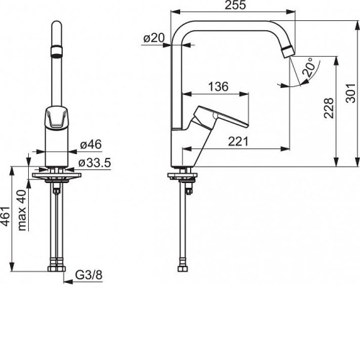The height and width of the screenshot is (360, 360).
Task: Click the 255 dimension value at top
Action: [x=235, y=5]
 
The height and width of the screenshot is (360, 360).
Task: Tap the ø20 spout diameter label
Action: [x=154, y=38]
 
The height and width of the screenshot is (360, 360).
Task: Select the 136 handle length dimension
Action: [x=218, y=86]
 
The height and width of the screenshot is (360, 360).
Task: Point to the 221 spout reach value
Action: [x=238, y=141]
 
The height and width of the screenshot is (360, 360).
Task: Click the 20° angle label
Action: [x=308, y=67]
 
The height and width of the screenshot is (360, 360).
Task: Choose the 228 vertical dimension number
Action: [x=329, y=108]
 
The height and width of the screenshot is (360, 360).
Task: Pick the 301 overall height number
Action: [x=350, y=93]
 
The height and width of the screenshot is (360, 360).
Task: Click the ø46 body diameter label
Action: [x=91, y=145]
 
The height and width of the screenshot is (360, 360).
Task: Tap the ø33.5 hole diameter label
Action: [x=95, y=163]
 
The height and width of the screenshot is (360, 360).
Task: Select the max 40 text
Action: [x=22, y=210]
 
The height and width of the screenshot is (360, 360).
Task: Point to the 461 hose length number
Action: [x=6, y=216]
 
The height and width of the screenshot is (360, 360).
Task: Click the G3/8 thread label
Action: [x=89, y=275]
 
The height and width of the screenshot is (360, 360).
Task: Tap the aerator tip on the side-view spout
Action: [x=288, y=52]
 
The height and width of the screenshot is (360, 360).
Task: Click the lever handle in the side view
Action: [x=217, y=117]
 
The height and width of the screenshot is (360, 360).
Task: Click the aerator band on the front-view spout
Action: [x=57, y=51]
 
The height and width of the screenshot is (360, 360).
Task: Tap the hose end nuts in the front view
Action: [x=57, y=269]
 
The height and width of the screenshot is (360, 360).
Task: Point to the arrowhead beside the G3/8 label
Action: [x=68, y=282]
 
